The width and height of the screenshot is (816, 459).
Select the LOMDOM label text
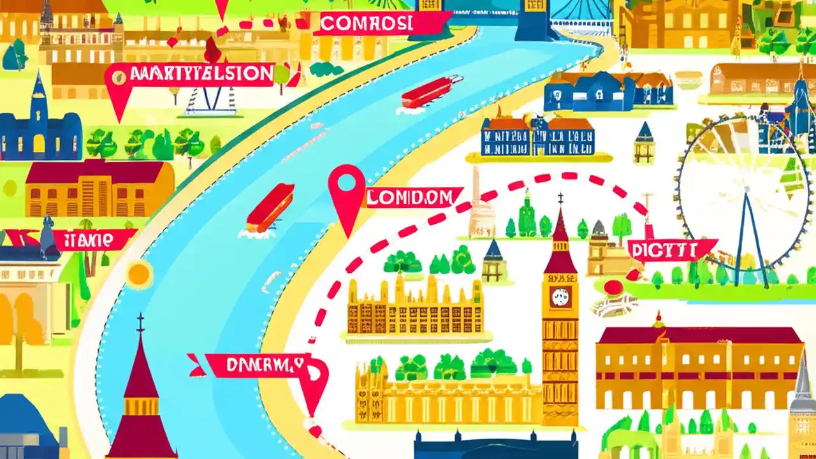click(413, 198)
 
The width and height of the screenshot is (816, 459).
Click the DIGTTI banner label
click(671, 249)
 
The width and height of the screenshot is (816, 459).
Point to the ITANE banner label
click(91, 240)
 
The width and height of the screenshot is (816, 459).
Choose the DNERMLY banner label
click(258, 365)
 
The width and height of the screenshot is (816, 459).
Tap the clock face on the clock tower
click(560, 297)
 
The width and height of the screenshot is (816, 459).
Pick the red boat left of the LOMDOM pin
click(270, 208)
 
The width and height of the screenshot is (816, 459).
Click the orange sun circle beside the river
click(139, 274)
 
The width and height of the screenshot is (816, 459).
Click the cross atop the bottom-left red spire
click(140, 323)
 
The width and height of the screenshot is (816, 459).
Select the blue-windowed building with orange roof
click(538, 136)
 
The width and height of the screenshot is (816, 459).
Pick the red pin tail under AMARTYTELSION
click(119, 102)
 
